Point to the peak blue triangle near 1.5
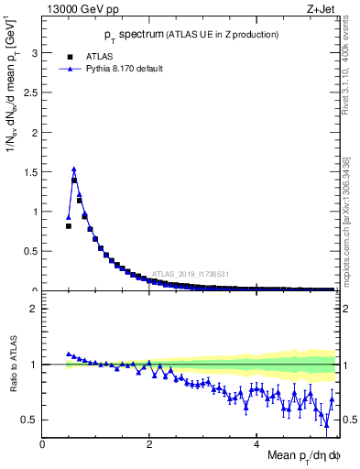(x=74, y=169)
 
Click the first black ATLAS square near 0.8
(x=69, y=225)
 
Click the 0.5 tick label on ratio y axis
(x=31, y=420)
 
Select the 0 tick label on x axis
(x=43, y=444)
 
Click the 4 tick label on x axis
(x=257, y=444)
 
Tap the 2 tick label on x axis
(x=150, y=444)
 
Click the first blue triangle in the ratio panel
(x=69, y=354)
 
